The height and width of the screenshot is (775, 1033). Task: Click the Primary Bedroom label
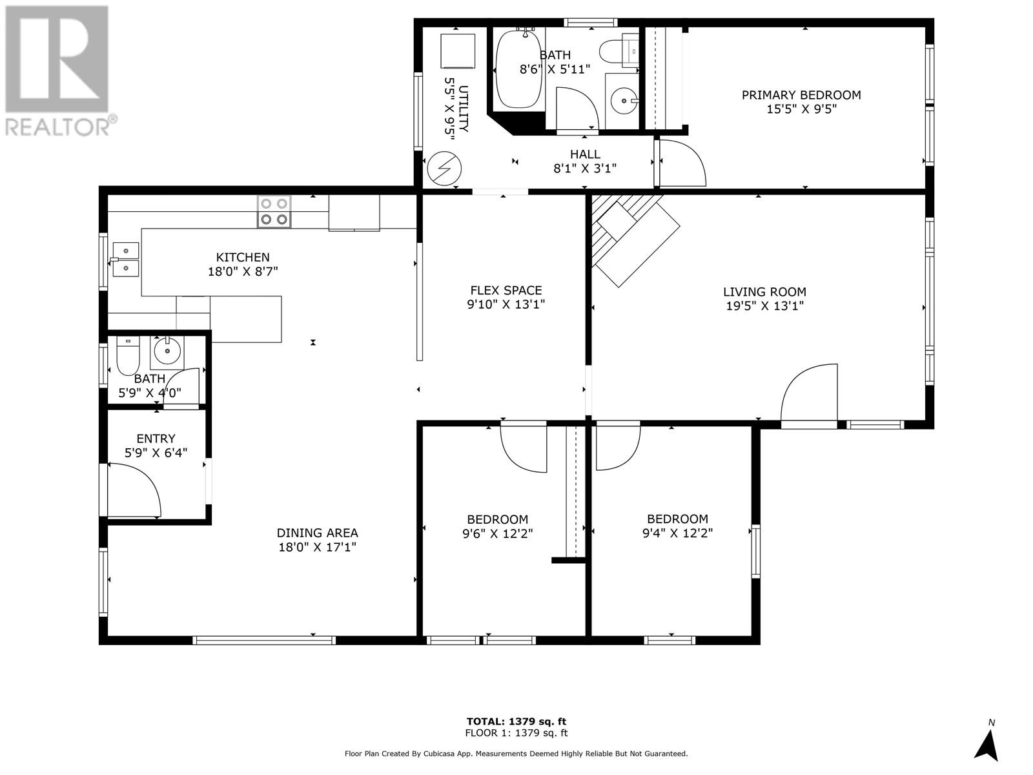coord(801,95)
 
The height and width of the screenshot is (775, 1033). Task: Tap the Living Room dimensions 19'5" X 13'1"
coord(764,306)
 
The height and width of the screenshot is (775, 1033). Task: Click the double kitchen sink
coord(126,258)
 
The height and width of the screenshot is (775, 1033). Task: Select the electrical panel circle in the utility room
coord(444,168)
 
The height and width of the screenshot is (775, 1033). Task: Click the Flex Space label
coord(506,291)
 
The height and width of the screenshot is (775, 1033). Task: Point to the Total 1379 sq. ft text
coord(516,721)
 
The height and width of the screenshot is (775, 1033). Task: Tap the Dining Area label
coord(317,533)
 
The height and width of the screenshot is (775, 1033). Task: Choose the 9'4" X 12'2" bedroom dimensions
coord(677,533)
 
